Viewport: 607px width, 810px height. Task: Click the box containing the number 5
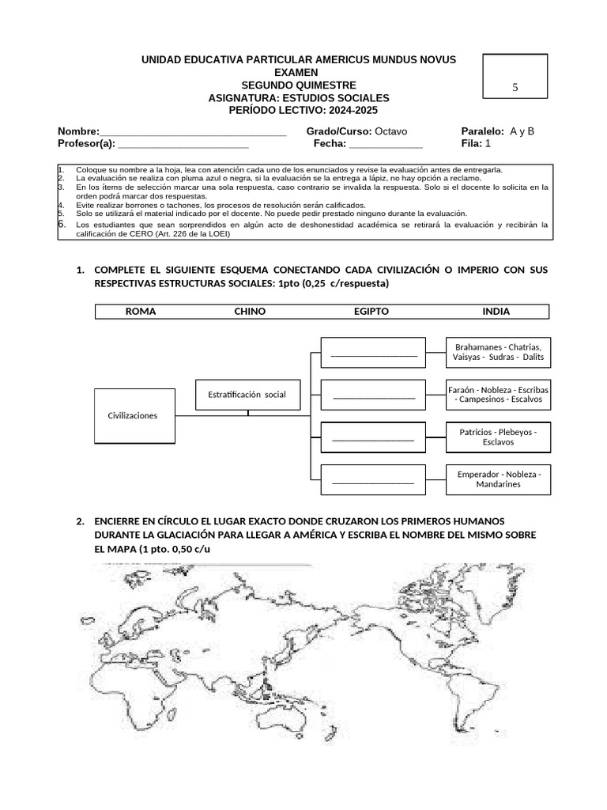point(515,87)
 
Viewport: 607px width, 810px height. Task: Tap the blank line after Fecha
point(386,145)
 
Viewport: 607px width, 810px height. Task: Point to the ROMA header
point(141,312)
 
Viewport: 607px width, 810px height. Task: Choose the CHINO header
point(250,312)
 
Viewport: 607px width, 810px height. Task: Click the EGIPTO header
point(371,312)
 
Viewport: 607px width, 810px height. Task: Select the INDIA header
point(496,312)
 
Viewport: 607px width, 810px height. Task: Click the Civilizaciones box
point(133,416)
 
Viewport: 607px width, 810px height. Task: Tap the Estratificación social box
point(247,394)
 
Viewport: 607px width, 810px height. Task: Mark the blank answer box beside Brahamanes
point(373,352)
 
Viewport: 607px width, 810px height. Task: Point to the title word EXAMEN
point(298,73)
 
